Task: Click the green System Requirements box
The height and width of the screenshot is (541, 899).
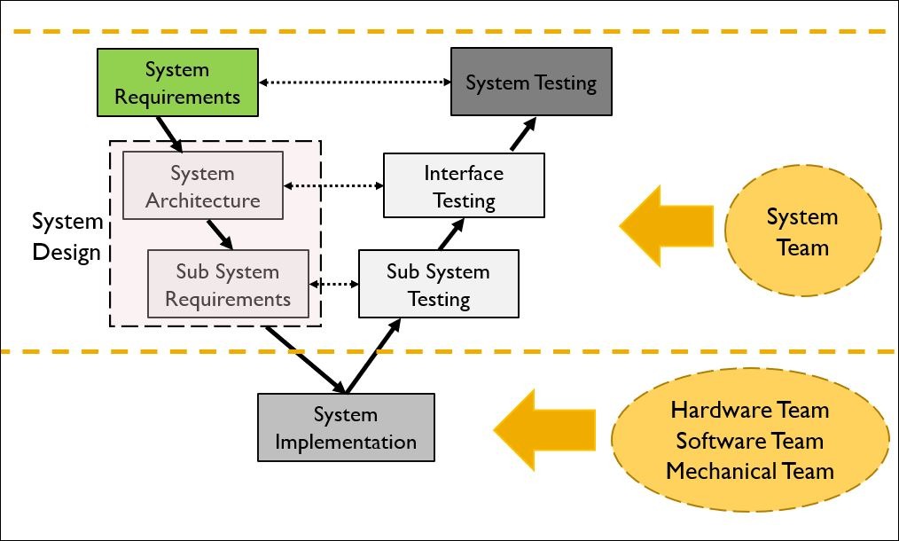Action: (177, 82)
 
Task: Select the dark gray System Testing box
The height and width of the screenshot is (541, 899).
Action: (531, 82)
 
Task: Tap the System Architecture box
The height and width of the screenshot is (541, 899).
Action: (203, 186)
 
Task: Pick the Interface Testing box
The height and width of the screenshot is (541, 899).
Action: (464, 185)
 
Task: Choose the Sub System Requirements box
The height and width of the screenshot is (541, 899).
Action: (228, 285)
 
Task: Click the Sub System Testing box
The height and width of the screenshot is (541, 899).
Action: (439, 284)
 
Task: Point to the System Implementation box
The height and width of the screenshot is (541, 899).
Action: (346, 427)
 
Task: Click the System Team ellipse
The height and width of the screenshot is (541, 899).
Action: (802, 232)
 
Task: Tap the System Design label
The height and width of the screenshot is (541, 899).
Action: (67, 237)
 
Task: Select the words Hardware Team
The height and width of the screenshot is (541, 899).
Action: (750, 410)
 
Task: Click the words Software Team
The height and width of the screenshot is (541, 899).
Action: (750, 441)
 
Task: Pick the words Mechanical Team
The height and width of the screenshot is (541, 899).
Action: (750, 471)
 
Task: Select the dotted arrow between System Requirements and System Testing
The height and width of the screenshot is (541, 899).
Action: (355, 82)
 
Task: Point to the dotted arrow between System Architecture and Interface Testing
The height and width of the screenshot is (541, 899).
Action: (333, 186)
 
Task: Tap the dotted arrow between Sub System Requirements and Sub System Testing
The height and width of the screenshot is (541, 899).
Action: (333, 285)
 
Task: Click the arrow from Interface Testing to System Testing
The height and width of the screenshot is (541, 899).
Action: (523, 135)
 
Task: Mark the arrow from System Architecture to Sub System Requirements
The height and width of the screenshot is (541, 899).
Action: (221, 234)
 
